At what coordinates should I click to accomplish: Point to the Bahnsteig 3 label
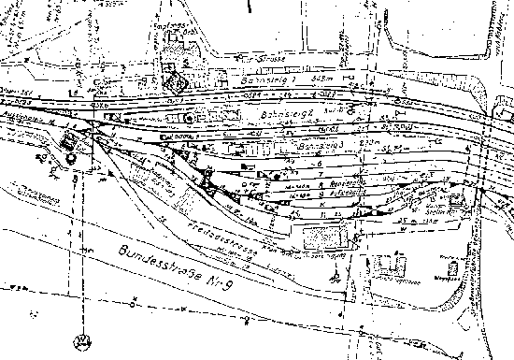[x=313, y=146]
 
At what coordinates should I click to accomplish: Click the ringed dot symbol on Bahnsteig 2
[x=192, y=120]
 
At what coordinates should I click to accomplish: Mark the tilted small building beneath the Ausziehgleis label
[x=70, y=144]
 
